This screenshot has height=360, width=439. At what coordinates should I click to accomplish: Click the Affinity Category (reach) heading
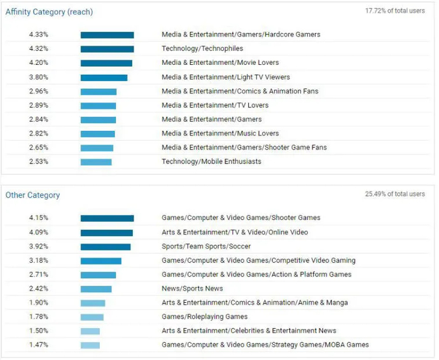point(49,11)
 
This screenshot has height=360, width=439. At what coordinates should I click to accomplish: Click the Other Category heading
point(32,195)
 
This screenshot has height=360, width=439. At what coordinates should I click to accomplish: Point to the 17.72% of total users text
point(394,11)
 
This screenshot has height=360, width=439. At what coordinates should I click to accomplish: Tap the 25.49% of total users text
point(394,194)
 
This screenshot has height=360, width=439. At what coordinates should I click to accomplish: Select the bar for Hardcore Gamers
point(107,35)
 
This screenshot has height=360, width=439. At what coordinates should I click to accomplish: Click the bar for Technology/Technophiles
point(107,49)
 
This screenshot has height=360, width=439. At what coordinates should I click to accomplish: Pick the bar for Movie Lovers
point(106,63)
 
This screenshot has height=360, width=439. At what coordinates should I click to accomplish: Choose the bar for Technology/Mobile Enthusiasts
point(96,162)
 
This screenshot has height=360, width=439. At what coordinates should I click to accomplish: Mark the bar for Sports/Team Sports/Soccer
point(105,247)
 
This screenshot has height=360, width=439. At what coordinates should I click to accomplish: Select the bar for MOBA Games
point(90,345)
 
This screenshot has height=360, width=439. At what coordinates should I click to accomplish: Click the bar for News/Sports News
point(95,289)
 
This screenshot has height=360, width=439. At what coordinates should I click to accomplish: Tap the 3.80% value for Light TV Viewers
point(38,78)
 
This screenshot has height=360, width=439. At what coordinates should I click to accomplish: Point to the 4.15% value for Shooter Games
point(38,218)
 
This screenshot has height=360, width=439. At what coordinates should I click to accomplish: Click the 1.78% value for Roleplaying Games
point(38,317)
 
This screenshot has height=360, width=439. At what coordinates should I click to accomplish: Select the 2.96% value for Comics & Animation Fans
point(38,92)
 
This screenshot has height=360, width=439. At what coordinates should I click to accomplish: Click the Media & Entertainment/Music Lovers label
point(220,134)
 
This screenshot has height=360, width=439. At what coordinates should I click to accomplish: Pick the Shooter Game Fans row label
point(244,148)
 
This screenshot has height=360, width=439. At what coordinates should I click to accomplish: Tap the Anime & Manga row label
point(254,303)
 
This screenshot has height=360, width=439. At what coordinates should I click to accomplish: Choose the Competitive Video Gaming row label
point(258,261)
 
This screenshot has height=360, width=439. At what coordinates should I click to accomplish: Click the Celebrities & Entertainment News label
point(249,331)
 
